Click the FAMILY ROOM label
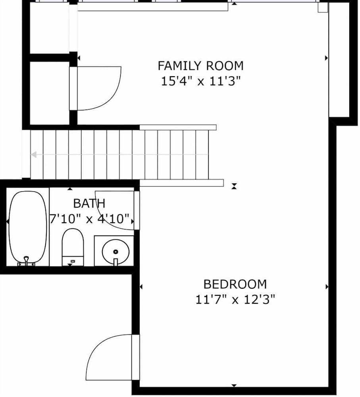(x=200, y=65)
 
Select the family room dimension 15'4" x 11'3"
(x=200, y=82)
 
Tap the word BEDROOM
(x=235, y=284)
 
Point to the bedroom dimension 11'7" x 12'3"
(x=235, y=300)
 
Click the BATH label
(x=89, y=204)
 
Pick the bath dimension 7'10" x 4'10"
(x=90, y=219)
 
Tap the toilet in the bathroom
(x=73, y=243)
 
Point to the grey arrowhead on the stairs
(x=34, y=154)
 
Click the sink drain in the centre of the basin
(x=116, y=252)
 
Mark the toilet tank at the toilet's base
(x=73, y=261)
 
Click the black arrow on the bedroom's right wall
(x=327, y=287)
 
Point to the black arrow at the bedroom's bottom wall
(x=234, y=385)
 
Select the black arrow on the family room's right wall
(x=327, y=58)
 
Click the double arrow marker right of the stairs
(x=234, y=185)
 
